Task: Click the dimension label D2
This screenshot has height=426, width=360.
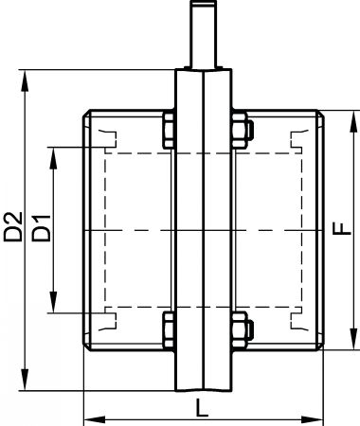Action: click(13, 226)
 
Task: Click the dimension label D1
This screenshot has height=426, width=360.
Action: click(42, 228)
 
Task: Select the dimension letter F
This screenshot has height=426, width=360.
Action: click(342, 228)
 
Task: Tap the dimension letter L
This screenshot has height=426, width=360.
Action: click(202, 407)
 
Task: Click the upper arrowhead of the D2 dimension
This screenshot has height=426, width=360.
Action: click(25, 80)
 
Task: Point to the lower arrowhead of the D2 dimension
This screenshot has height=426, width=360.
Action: click(25, 380)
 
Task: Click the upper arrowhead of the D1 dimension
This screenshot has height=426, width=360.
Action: click(54, 158)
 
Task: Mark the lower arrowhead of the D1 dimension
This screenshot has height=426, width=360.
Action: click(54, 302)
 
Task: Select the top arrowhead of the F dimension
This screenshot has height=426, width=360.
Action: click(353, 121)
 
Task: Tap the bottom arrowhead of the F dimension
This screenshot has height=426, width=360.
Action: click(353, 339)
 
